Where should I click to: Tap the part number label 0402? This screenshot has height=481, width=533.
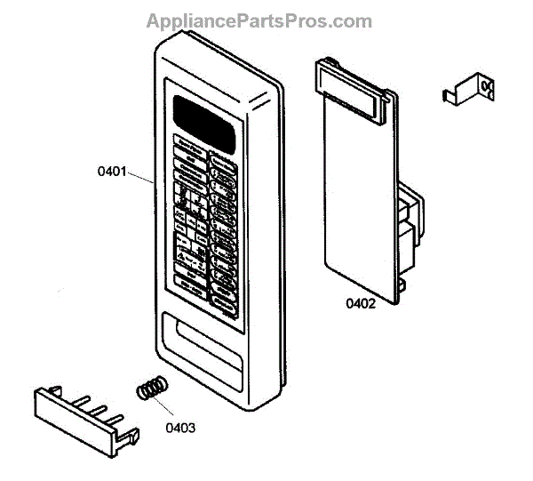(x=361, y=303)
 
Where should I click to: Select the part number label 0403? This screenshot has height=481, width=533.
(x=180, y=427)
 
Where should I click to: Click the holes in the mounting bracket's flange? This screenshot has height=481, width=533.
(x=485, y=85)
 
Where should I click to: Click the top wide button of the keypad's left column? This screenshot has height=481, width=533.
(x=187, y=143)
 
